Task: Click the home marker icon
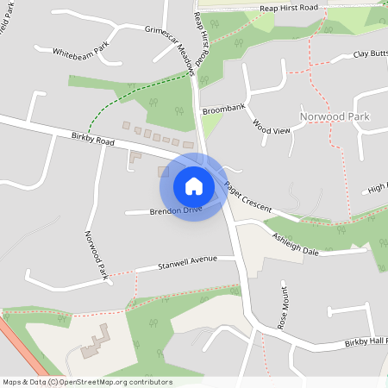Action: click(x=193, y=185)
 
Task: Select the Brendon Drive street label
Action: click(x=175, y=210)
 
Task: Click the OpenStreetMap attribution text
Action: click(x=86, y=382)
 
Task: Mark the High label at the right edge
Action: click(x=378, y=187)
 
